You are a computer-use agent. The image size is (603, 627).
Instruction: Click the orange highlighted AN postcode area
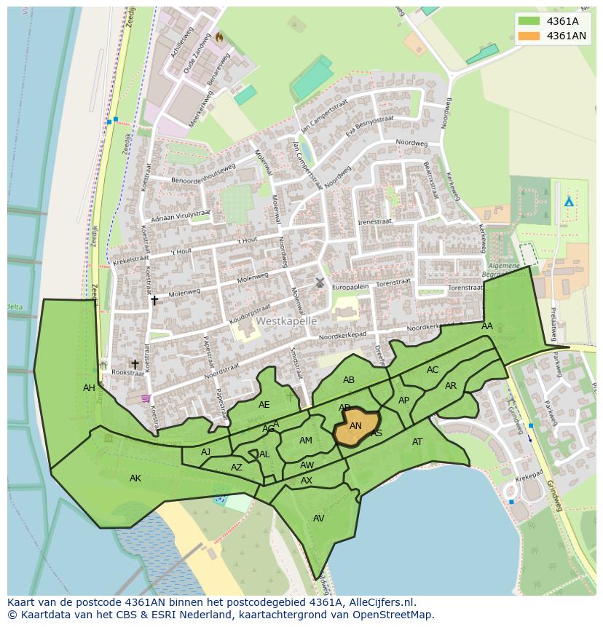coord(355,429)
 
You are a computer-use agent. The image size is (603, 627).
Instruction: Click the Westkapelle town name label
coord(286,321)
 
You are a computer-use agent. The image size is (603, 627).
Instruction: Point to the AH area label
coord(89,388)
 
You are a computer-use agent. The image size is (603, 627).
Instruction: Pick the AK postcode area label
coord(135,478)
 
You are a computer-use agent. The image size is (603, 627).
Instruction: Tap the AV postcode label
coord(318,518)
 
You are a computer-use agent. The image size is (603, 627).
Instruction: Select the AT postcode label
coord(417,442)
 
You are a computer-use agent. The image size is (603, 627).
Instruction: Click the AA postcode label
coord(487,326)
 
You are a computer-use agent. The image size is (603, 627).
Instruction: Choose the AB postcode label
coord(349,380)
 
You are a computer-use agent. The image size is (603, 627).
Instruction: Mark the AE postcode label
coord(264,405)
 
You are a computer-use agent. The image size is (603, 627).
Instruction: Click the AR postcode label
coord(451,386)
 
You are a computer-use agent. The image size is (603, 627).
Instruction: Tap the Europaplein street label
coord(352,287)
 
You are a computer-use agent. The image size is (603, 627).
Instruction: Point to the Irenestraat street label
coord(374,221)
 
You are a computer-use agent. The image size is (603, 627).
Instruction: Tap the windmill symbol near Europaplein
coord(319,282)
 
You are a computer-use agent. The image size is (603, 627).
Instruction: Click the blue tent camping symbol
coord(569,201)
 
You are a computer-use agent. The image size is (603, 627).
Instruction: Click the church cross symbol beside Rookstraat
coord(135,364)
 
